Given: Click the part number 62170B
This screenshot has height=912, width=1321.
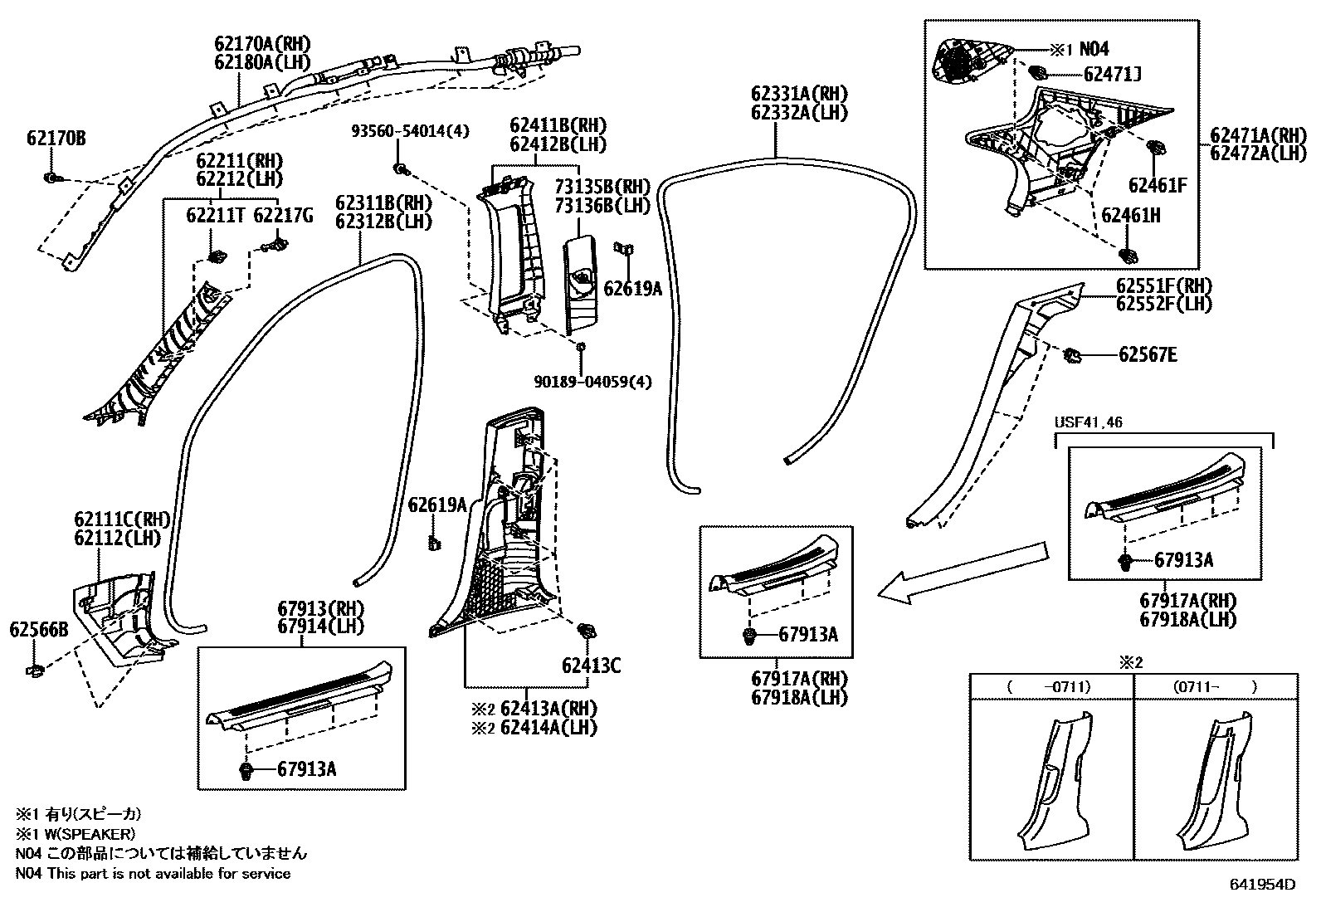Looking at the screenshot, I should point(56,138).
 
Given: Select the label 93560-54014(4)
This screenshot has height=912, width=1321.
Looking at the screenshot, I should point(410,131).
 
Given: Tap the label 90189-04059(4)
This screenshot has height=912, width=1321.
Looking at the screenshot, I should point(593,382).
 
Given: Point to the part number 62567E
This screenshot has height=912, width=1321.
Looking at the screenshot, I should point(1148,355).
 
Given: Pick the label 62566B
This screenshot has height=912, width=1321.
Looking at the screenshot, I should point(38,630).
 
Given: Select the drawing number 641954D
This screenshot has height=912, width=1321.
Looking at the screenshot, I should point(1261,885).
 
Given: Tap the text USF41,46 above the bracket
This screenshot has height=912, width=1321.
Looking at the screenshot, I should point(1089,422).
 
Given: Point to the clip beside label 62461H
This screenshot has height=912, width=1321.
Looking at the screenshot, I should point(1128,252).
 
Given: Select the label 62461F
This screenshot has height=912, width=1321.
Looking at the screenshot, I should point(1157,185).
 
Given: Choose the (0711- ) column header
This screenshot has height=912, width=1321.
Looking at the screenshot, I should point(1216,686).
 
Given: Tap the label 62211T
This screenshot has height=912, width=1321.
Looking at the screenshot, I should point(216,217).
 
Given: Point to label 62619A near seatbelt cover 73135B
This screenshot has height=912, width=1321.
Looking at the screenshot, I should point(632,288).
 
